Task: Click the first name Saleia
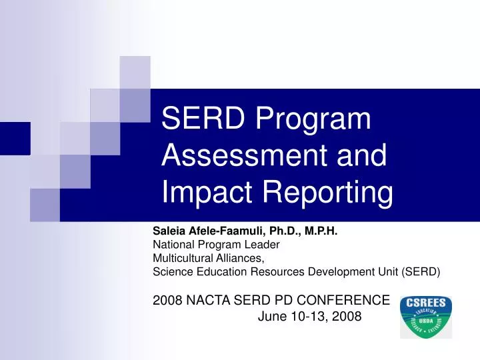point(169,231)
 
